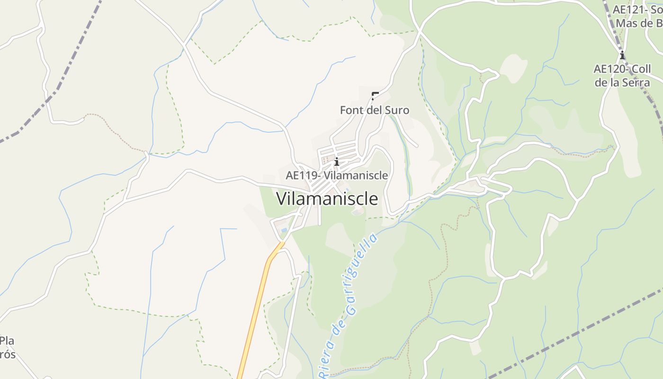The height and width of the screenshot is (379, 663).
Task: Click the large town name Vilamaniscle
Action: click(x=327, y=199)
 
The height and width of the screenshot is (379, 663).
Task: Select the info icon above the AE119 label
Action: click(x=337, y=162)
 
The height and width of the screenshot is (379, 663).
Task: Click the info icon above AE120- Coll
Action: click(x=622, y=55)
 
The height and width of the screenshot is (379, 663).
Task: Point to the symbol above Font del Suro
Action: click(x=375, y=96)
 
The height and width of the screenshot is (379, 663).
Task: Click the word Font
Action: click(x=351, y=110)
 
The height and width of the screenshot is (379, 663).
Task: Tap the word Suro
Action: click(x=397, y=110)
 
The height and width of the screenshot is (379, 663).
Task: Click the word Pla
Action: click(x=7, y=341)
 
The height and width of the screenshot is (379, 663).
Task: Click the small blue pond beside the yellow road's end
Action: click(x=284, y=230)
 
